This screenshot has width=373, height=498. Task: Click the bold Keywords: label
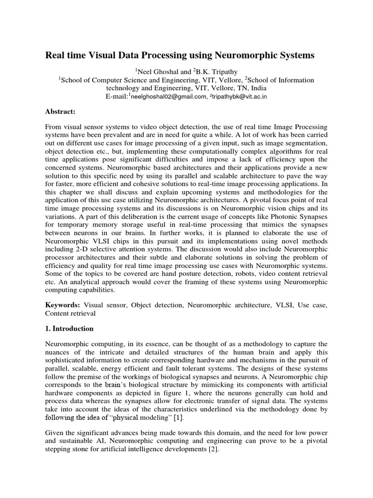(x=63, y=304)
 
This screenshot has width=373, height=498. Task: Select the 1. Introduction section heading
(x=69, y=329)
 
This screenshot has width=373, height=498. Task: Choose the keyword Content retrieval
(x=70, y=314)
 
